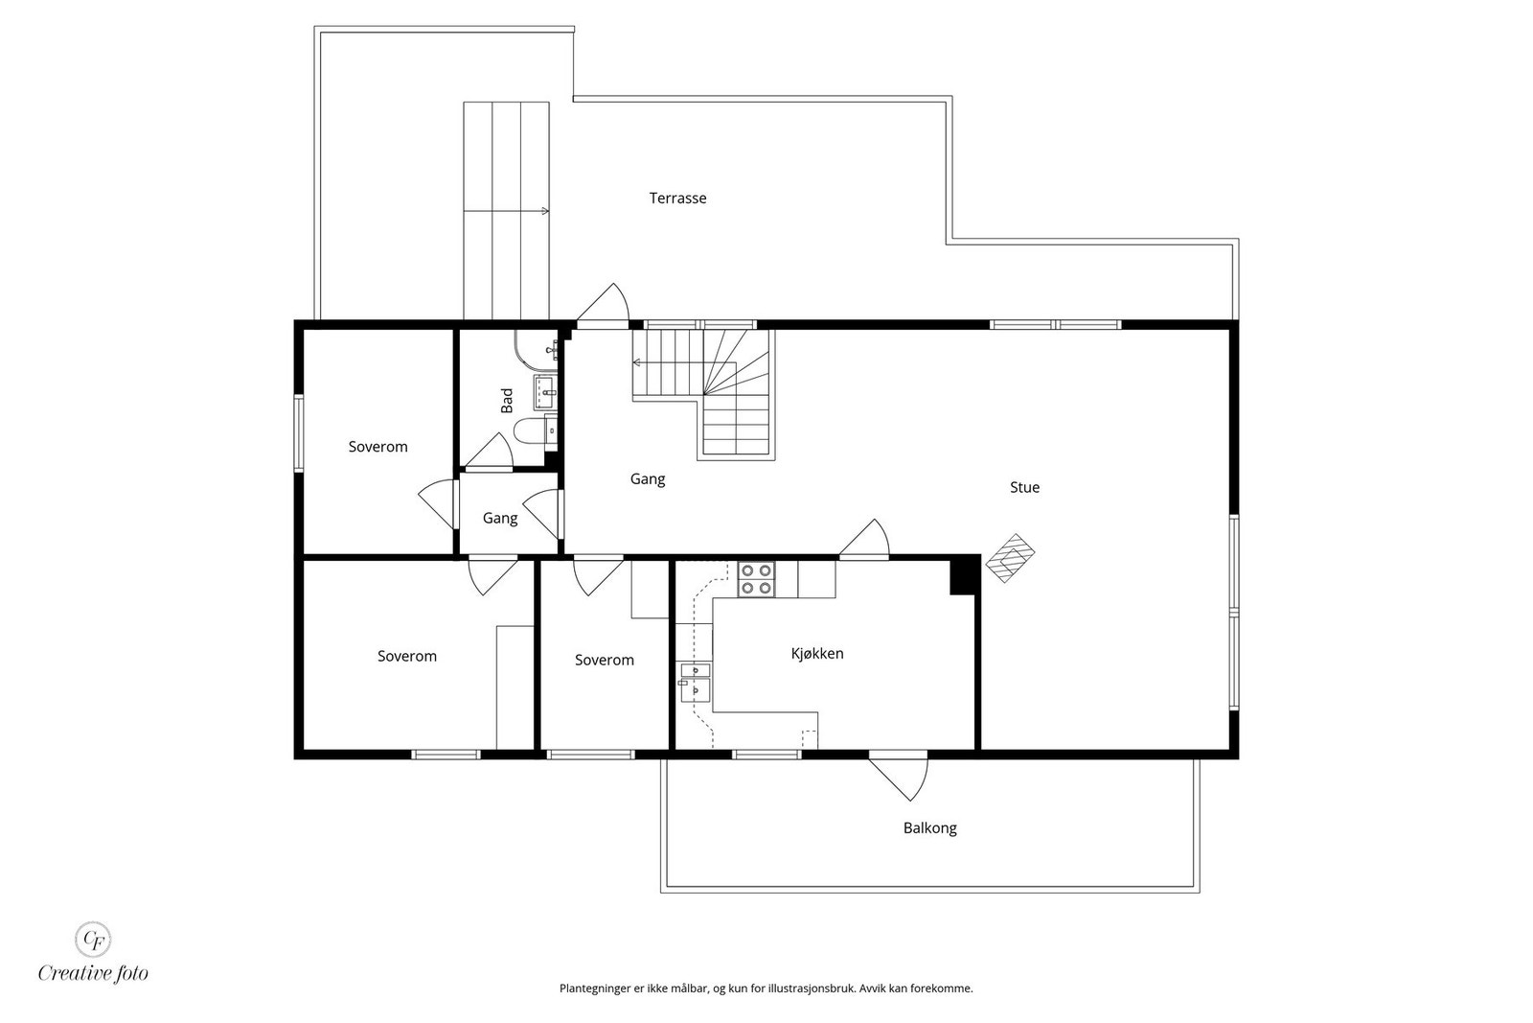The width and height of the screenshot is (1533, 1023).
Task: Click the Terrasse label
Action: [x=677, y=198]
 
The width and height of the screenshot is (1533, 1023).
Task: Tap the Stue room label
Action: [x=1024, y=488]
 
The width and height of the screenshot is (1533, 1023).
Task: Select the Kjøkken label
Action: [x=817, y=654]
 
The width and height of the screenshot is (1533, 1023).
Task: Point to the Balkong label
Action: [x=929, y=828]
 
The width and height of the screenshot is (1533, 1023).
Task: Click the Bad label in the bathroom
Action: [x=507, y=401]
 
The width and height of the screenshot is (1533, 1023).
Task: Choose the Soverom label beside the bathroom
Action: [x=378, y=447]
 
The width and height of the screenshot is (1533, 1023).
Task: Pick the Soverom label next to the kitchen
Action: [x=605, y=660]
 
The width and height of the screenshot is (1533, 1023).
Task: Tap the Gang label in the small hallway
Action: [x=499, y=519]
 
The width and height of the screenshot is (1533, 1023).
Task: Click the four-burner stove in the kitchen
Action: [x=756, y=578]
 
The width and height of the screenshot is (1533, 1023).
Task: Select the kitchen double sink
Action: [x=696, y=683]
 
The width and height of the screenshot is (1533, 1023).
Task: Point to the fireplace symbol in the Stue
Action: [x=1010, y=558]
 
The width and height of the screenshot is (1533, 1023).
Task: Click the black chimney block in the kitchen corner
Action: [x=965, y=576]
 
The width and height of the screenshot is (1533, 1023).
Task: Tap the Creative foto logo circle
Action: [x=93, y=940]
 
